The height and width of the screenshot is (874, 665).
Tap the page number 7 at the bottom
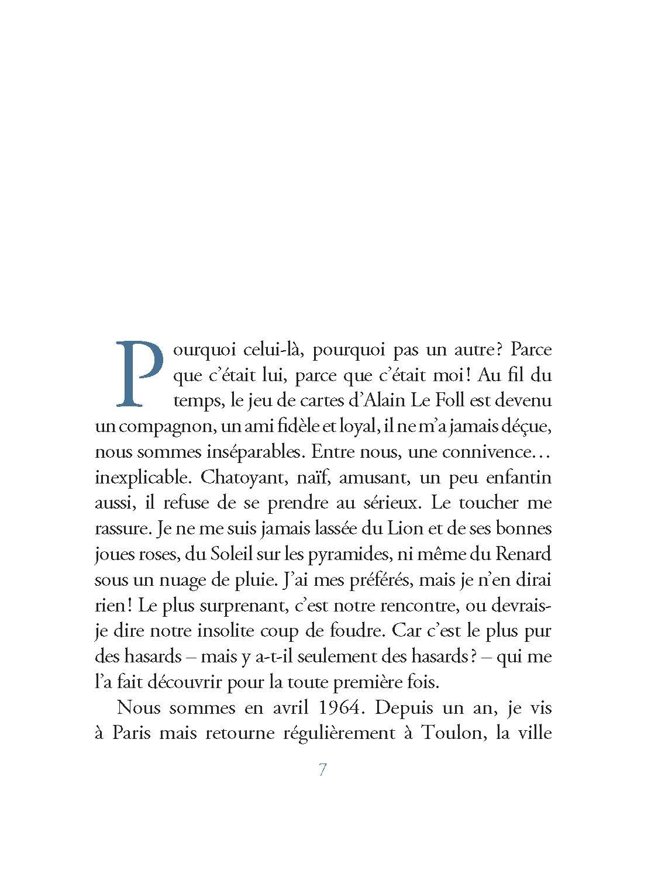[x=322, y=770]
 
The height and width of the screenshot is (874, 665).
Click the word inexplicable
[x=143, y=478]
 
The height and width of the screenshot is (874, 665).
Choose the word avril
[x=287, y=708]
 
